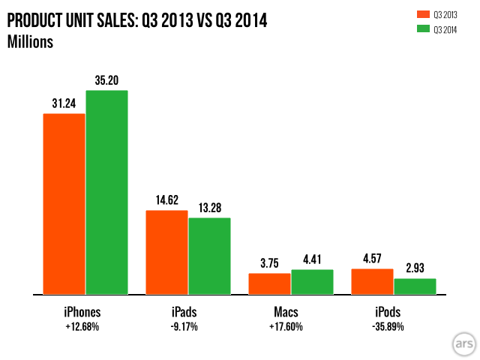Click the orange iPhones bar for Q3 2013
(x=64, y=204)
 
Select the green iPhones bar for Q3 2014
(x=106, y=192)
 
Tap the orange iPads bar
(x=166, y=252)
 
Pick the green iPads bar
(x=209, y=256)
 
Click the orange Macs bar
(x=269, y=283)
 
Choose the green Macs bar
(x=312, y=282)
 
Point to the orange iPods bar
(x=372, y=281)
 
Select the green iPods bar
(x=415, y=286)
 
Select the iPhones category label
(x=82, y=311)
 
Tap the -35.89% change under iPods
(x=393, y=327)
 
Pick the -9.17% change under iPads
(x=187, y=327)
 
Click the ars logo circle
(x=460, y=342)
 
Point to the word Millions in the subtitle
(x=30, y=42)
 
